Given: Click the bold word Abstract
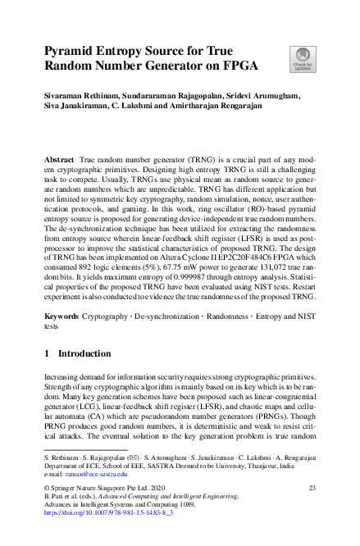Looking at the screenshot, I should (59, 156).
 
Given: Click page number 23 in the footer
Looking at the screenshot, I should (312, 488).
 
